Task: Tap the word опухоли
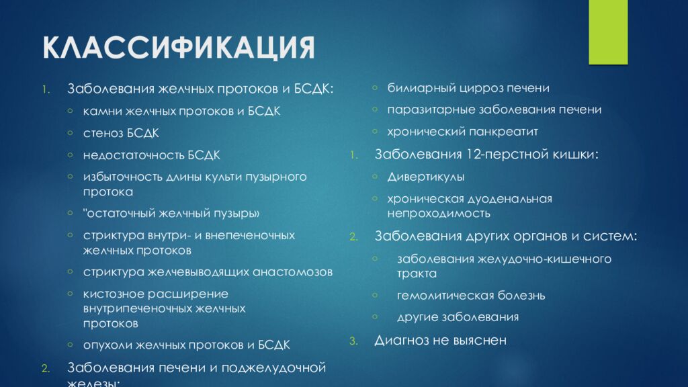[x=107, y=345]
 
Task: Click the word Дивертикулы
[x=426, y=177]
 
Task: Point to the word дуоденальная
[x=510, y=199]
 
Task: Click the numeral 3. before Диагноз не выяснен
[x=353, y=341]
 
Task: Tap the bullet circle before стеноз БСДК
[x=71, y=132]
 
